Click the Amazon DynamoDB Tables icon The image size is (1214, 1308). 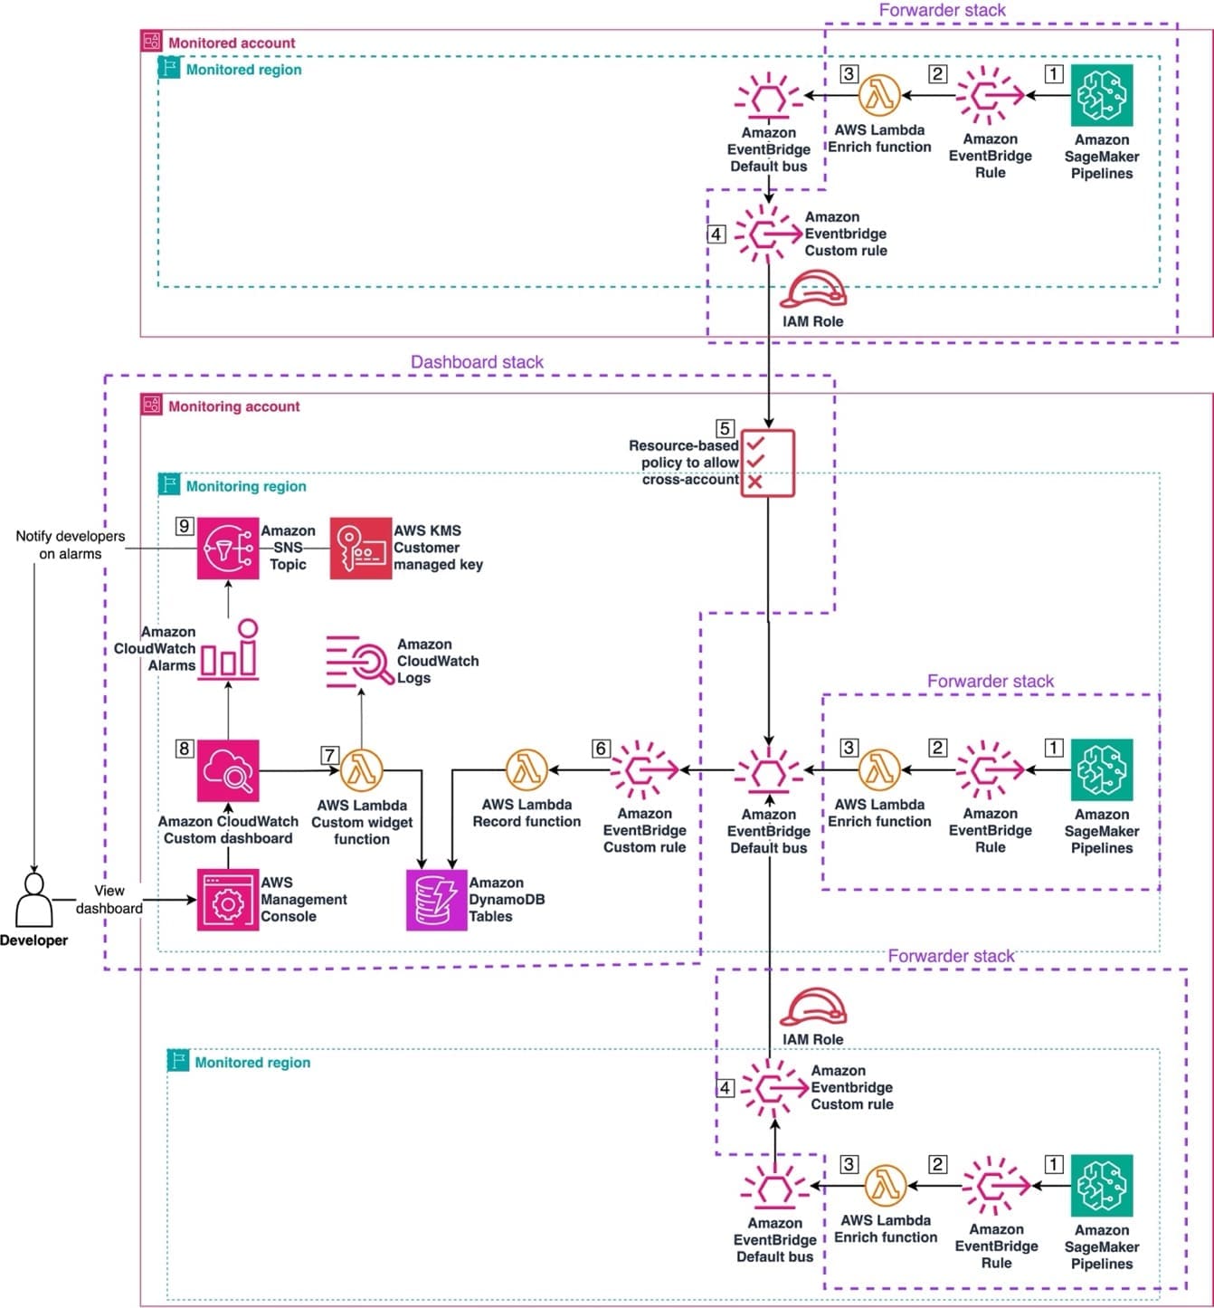pos(437,900)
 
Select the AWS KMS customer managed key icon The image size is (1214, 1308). pos(361,548)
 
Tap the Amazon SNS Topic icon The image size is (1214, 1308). pos(228,548)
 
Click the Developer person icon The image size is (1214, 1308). pos(34,900)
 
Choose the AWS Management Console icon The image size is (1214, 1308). pos(228,900)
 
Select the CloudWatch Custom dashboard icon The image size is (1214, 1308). pos(228,770)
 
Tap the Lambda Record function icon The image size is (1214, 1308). pos(526,769)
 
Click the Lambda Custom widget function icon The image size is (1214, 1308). pos(362,770)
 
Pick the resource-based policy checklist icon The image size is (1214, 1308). pos(768,463)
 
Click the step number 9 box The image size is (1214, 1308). pos(185,526)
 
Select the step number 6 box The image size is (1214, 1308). pos(601,749)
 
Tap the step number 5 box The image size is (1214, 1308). pos(725,428)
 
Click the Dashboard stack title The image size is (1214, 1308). pos(477,361)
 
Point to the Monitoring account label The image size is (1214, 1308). pos(233,406)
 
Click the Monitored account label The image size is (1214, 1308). pos(232,43)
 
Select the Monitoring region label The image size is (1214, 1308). pos(246,486)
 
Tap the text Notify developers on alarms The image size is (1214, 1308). pos(71,545)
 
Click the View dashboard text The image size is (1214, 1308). pos(109,899)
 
